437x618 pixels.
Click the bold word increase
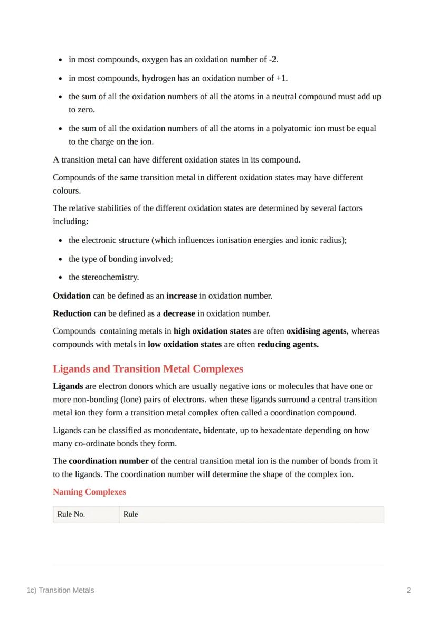click(182, 296)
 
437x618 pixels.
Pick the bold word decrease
click(179, 313)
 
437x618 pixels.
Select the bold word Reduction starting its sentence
click(72, 313)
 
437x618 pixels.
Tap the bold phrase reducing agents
click(288, 345)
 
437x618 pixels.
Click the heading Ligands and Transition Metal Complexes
click(148, 368)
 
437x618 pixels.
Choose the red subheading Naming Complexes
click(89, 492)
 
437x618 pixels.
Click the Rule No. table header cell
click(71, 514)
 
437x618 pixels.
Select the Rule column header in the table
click(130, 514)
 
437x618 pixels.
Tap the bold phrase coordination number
click(109, 461)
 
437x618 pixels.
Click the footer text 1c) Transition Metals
click(60, 590)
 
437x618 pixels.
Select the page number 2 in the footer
click(408, 590)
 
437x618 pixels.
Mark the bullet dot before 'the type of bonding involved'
click(61, 259)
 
